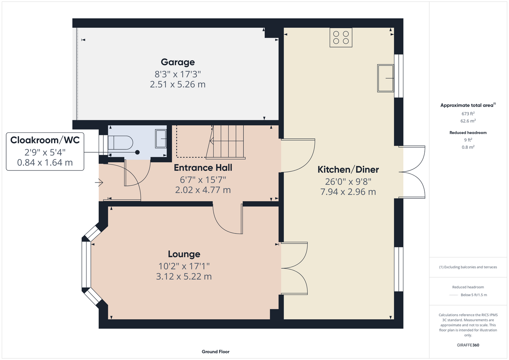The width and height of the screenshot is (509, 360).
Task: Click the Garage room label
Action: (178, 62)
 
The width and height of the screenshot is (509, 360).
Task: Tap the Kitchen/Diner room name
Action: (348, 170)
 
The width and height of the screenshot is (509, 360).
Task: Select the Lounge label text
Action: (184, 254)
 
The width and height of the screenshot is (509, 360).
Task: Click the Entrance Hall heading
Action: (203, 168)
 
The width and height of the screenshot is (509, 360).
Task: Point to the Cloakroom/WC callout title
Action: (45, 140)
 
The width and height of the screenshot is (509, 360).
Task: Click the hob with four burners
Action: (341, 37)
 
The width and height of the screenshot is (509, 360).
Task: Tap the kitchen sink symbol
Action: (385, 78)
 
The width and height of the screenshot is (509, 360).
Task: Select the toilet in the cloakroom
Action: (120, 143)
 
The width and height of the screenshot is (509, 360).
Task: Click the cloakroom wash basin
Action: (161, 139)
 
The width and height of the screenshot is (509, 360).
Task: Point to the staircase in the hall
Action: (226, 142)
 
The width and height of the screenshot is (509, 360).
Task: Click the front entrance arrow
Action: (99, 183)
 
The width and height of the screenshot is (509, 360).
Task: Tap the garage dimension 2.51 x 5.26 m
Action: (178, 85)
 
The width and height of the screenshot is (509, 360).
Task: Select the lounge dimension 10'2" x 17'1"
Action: (184, 266)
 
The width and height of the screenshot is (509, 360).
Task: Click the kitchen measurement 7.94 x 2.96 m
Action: (348, 192)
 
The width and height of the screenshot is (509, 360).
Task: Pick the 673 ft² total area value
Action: (468, 113)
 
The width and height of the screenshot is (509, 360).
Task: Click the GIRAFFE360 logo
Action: (468, 345)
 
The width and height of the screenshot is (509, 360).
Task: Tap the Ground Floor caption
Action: (216, 352)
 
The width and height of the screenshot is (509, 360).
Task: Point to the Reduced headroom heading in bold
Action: (468, 132)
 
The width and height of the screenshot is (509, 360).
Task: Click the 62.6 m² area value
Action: (468, 121)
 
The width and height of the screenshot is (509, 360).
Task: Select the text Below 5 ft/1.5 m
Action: (474, 295)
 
